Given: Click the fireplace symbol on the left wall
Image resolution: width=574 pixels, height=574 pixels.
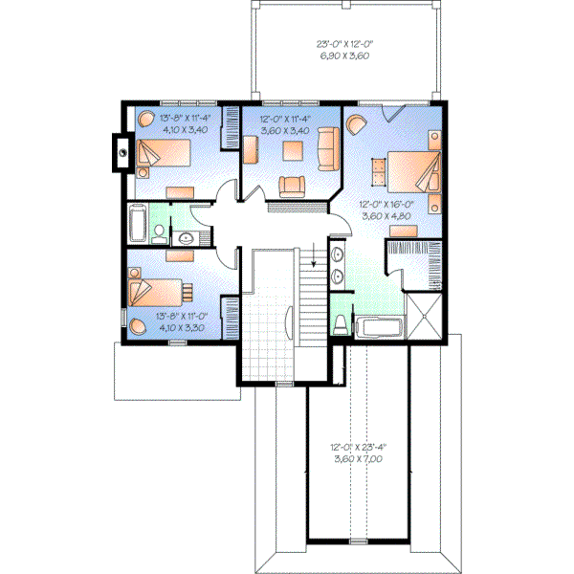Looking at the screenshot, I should tap(121, 151).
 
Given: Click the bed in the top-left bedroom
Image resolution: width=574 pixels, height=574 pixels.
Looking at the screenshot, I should tap(163, 155).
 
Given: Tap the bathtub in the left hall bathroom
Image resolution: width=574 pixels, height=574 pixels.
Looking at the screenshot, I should tap(136, 224).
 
